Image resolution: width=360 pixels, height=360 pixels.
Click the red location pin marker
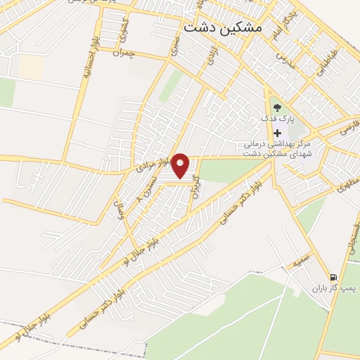coord(181,165)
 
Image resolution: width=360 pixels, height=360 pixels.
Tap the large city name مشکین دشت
coord(221,27)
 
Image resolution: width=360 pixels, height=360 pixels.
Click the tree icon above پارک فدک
coord(278,108)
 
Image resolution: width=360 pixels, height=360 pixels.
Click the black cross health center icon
coord(278,133)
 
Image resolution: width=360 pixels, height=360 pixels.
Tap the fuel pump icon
coord(333,276)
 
